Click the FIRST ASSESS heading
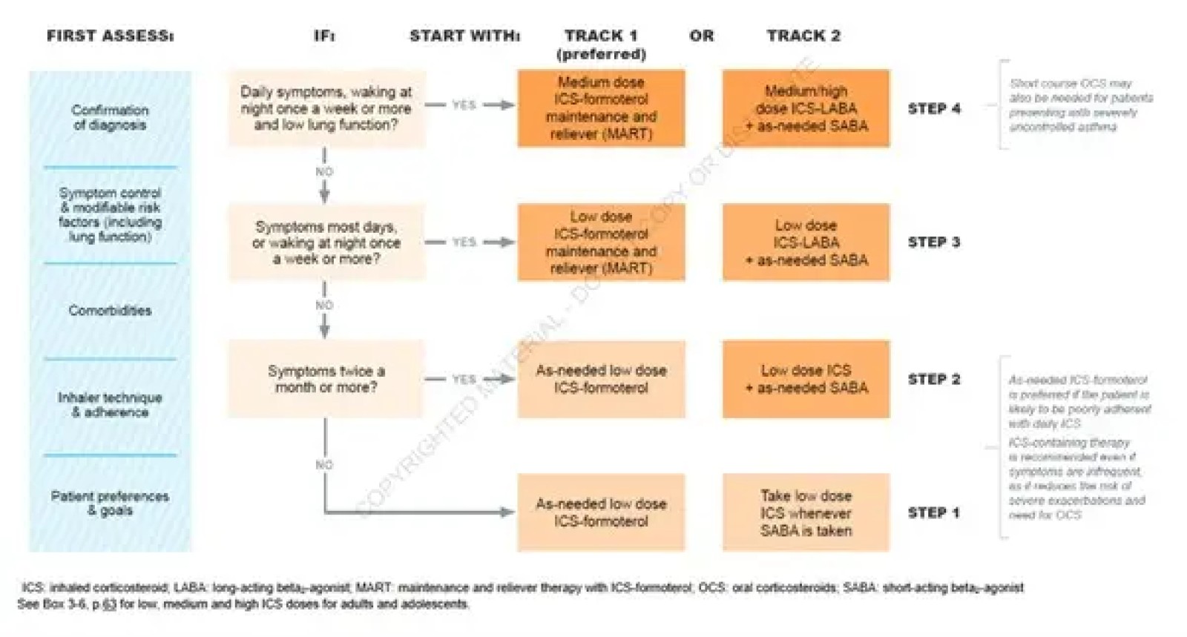point(110,36)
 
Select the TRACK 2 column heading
point(803,36)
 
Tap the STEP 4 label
point(934,108)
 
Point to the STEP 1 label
point(934,512)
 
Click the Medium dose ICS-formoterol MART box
point(601,108)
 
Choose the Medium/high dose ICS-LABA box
point(806,108)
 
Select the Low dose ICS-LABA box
point(806,242)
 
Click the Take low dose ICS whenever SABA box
point(806,512)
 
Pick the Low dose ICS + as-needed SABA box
point(806,379)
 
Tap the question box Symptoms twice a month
point(326,379)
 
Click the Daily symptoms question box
point(326,108)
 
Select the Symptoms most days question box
point(326,242)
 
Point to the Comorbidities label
point(110,311)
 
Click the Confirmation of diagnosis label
point(110,117)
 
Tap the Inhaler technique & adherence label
point(110,405)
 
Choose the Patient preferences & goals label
point(110,503)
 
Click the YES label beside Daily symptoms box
point(464,105)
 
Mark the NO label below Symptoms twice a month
point(324,465)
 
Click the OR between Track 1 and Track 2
point(701,36)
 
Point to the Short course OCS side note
point(1080,105)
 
